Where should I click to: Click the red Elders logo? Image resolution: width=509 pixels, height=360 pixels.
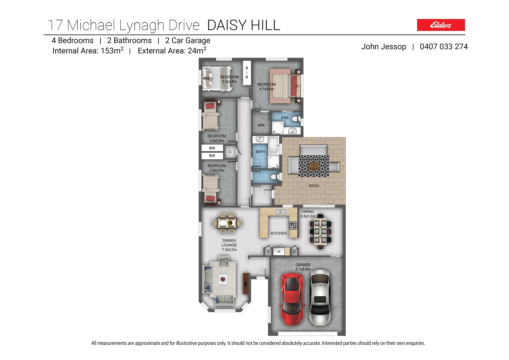[441, 25]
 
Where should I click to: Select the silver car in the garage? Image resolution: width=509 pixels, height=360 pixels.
[320, 297]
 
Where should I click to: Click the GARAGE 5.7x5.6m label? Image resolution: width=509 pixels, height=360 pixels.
[303, 267]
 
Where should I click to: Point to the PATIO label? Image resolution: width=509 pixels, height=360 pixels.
[314, 186]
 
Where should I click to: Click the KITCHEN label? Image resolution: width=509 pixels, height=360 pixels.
[279, 233]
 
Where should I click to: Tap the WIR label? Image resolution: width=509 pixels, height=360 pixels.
[261, 125]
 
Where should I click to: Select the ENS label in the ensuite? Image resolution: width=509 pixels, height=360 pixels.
[285, 118]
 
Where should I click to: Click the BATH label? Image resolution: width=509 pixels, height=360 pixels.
[260, 152]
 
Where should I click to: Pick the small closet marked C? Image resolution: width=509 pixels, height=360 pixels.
[230, 152]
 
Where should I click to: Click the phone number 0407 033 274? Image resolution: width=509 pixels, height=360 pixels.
[444, 47]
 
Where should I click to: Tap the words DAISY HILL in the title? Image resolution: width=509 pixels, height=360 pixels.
[244, 25]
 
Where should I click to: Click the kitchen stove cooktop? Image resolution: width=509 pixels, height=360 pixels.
[293, 226]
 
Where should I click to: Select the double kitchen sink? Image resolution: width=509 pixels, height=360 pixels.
[280, 212]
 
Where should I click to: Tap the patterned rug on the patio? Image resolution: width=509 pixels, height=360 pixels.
[313, 166]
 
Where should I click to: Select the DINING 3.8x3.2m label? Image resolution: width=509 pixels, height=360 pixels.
[307, 214]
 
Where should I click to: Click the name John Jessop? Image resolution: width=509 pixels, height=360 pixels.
[383, 47]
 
